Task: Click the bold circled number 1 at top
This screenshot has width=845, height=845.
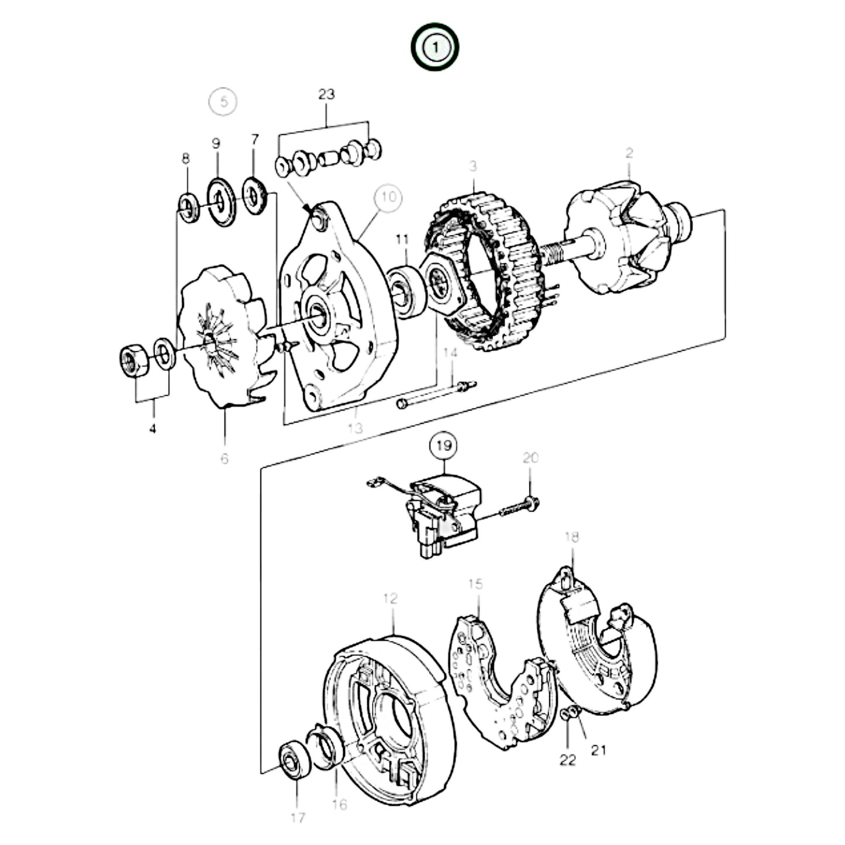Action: (x=434, y=47)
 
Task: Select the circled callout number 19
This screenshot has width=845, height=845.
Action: (x=444, y=446)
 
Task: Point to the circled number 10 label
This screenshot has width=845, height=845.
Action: (x=388, y=198)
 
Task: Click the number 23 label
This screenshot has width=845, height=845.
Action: (x=326, y=94)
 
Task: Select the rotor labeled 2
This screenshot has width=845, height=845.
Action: (x=626, y=240)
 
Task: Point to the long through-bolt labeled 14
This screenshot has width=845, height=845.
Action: (x=436, y=395)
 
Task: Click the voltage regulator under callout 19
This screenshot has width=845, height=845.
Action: (x=444, y=515)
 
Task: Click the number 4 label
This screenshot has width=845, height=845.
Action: (x=153, y=429)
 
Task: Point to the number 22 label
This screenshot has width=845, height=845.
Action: (x=567, y=760)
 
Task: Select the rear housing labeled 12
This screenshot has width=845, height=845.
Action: (x=389, y=719)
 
